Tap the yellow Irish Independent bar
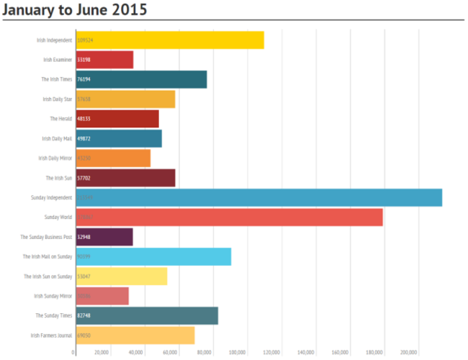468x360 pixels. pos(168,40)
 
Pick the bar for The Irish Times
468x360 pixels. pos(140,79)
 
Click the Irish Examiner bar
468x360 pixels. pos(104,60)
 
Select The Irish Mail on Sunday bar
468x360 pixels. pos(153,256)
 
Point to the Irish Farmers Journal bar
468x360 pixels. pos(134,335)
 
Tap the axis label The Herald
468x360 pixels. pos(60,119)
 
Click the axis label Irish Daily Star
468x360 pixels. pos(57,99)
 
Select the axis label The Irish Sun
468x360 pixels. pos(58,178)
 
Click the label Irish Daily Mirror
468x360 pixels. pos(55,158)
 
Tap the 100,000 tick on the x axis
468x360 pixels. pos(238,352)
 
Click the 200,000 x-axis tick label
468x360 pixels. pos(408,352)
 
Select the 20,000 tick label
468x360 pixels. pos(102,352)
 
